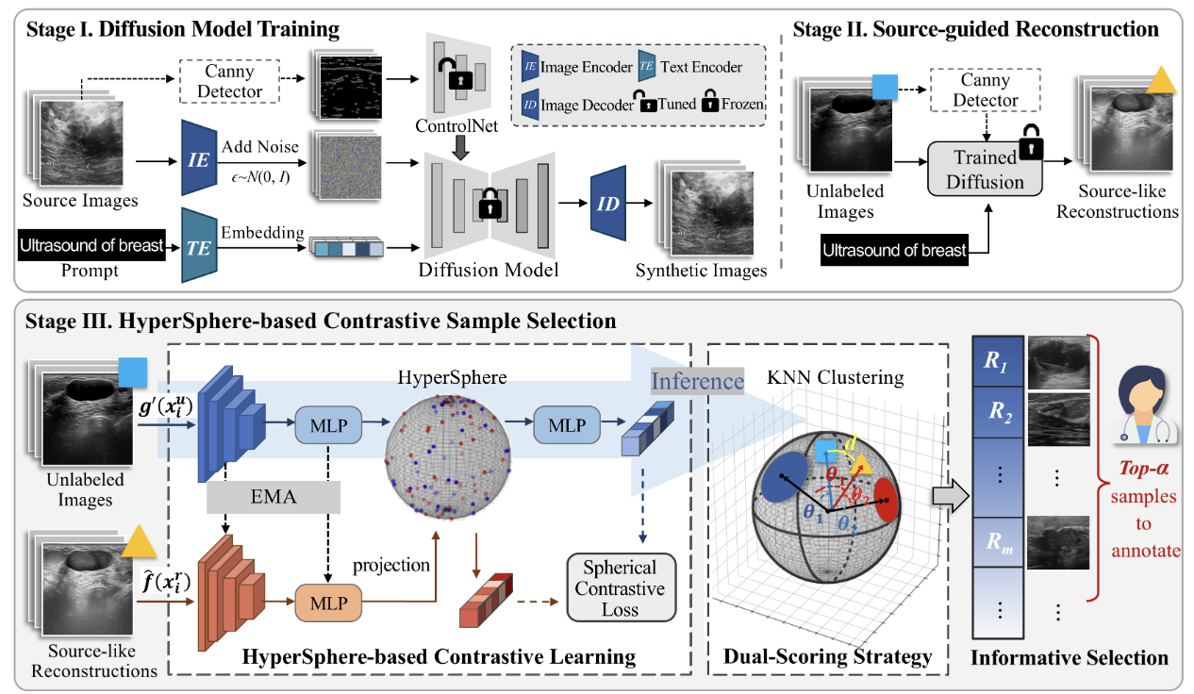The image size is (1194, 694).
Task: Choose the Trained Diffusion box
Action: coord(986,167)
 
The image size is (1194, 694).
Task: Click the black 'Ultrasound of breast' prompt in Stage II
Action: coord(894,250)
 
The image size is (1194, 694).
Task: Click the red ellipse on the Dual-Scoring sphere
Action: coord(887,501)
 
